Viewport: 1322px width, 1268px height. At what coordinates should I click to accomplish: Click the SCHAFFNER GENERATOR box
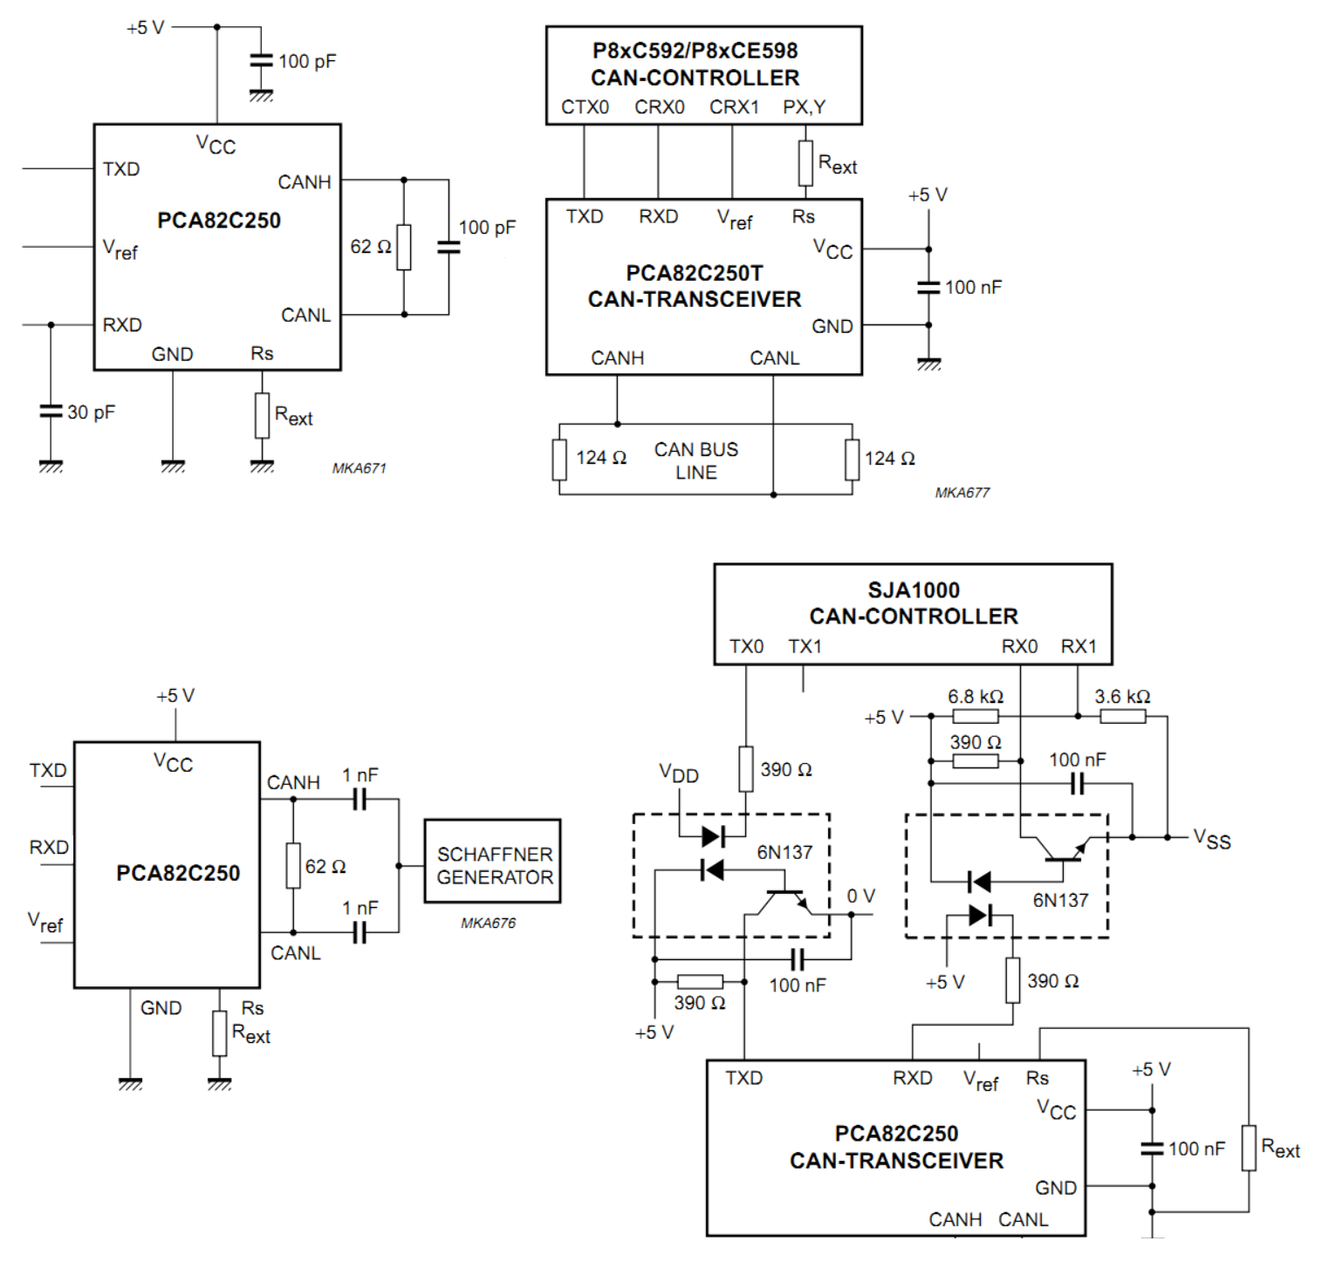492,861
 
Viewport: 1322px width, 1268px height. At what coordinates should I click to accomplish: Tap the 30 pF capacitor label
91,412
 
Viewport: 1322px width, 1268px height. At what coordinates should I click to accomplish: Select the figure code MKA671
359,468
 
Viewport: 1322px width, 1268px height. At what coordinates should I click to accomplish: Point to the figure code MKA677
962,493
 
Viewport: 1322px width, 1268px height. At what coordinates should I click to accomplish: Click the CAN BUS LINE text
696,460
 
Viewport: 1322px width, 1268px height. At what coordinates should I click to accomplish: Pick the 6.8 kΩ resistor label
976,697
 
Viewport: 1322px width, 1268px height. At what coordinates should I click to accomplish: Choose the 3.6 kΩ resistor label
1122,697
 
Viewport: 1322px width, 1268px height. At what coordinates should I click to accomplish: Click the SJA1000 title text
914,590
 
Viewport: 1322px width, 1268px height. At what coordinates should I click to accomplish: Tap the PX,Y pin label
804,107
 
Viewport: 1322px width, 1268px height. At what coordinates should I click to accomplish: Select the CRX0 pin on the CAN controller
660,107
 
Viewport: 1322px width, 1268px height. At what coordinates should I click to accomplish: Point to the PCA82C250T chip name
695,273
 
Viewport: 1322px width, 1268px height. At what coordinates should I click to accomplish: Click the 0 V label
860,896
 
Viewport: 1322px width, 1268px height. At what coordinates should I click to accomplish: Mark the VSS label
1212,840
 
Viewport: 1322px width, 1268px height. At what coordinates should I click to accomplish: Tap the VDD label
679,774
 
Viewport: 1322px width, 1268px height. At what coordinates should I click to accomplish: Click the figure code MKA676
488,923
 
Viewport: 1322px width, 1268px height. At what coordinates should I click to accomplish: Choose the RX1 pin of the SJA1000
1079,646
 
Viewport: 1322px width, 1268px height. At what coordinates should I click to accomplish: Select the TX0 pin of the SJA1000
746,646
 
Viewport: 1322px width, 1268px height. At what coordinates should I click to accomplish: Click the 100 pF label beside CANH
487,228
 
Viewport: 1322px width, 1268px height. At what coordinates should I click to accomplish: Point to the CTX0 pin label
585,107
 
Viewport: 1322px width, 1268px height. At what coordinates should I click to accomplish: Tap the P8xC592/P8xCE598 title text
695,51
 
